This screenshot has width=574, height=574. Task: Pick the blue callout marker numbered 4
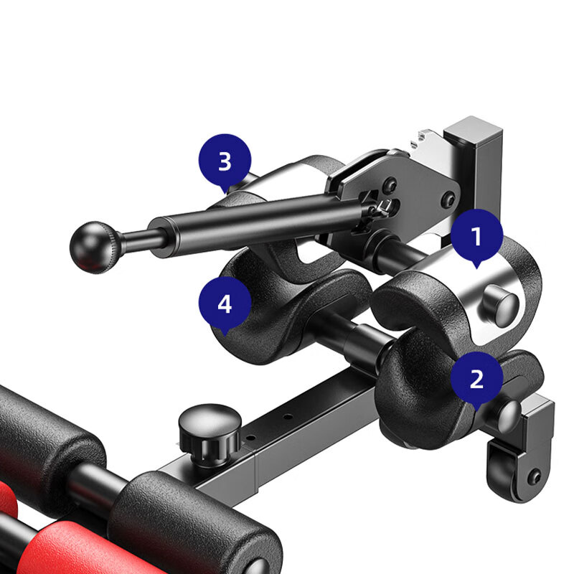pos(225,304)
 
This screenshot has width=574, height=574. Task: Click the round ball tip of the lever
pos(94,247)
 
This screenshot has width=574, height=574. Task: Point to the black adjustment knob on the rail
pos(210,435)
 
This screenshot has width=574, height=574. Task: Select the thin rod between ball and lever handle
pos(143,240)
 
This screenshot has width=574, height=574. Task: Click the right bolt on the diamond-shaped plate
pos(449,199)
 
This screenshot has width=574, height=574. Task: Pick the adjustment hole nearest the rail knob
pos(251,438)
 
